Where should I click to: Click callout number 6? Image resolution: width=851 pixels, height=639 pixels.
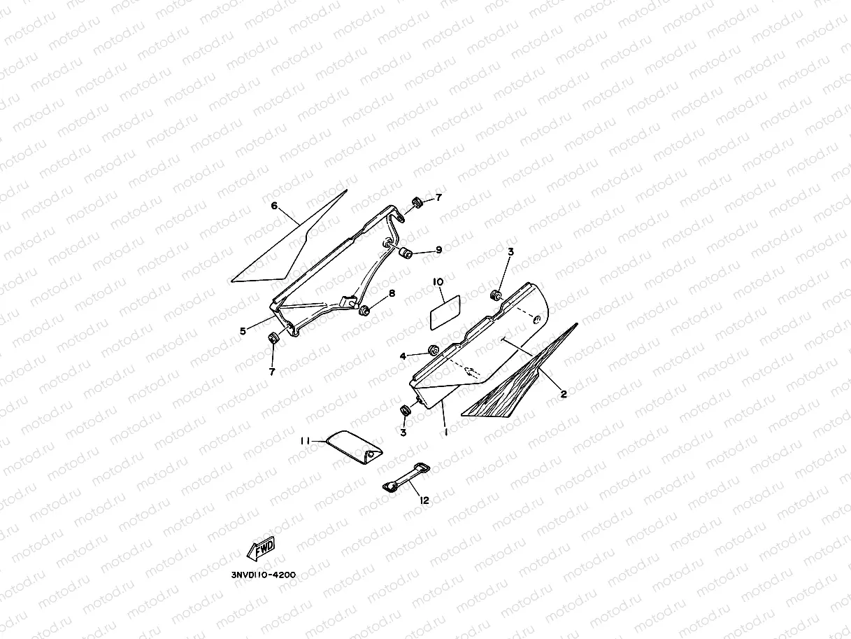275,206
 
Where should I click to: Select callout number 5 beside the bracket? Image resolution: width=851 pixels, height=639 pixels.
243,330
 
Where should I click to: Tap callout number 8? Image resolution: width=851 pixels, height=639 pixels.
392,293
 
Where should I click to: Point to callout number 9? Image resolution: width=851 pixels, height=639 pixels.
438,250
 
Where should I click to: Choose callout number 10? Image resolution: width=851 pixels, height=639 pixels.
438,281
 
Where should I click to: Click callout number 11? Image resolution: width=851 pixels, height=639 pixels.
306,441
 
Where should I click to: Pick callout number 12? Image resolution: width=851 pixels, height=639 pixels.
424,500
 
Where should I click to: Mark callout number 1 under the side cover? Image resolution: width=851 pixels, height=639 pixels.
445,433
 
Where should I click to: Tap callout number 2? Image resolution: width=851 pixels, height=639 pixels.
564,393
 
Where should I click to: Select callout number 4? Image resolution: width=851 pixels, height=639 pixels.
403,356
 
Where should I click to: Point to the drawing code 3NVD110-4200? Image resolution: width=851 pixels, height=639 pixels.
264,575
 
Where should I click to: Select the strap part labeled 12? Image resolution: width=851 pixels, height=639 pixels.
406,478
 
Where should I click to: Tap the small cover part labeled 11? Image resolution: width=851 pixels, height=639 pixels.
355,447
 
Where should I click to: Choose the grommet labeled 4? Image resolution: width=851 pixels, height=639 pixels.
433,349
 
